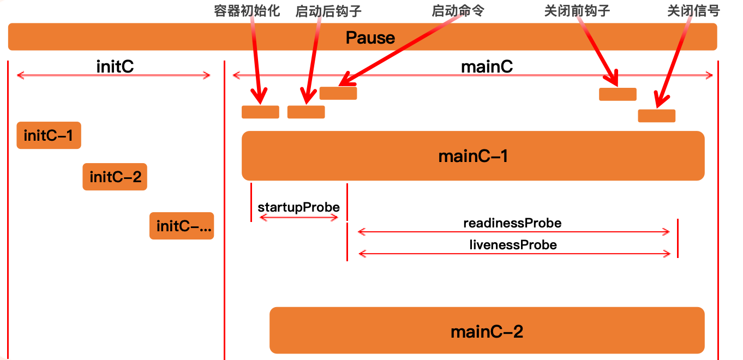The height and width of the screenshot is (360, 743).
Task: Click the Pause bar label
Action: pyautogui.click(x=370, y=38)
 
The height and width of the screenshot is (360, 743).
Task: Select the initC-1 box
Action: pyautogui.click(x=49, y=135)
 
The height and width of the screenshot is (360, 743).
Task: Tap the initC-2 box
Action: pyautogui.click(x=115, y=177)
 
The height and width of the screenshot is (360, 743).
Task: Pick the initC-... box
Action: pyautogui.click(x=182, y=226)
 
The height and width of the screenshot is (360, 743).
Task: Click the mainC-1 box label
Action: pyautogui.click(x=473, y=157)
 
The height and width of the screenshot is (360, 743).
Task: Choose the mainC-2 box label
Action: pyautogui.click(x=487, y=331)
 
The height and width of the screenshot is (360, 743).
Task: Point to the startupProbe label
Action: pyautogui.click(x=298, y=207)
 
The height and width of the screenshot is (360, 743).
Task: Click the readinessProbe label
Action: pyautogui.click(x=512, y=223)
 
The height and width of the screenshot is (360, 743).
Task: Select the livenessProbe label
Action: pyautogui.click(x=513, y=245)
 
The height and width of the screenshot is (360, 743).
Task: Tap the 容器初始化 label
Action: pyautogui.click(x=247, y=11)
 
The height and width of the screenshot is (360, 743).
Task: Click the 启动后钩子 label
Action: pyautogui.click(x=328, y=11)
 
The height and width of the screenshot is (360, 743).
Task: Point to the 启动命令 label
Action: pyautogui.click(x=458, y=11)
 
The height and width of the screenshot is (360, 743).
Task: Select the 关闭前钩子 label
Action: pyautogui.click(x=577, y=11)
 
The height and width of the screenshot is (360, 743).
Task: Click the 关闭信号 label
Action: pyautogui.click(x=693, y=11)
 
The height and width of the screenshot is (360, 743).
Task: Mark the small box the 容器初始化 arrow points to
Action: pyautogui.click(x=260, y=112)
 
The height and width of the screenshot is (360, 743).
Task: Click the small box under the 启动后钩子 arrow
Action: pyautogui.click(x=306, y=112)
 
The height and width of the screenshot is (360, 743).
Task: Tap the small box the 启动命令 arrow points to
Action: pyautogui.click(x=338, y=93)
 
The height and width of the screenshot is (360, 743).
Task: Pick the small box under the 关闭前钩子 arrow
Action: pyautogui.click(x=618, y=94)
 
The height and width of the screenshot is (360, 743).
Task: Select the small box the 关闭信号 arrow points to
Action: pyautogui.click(x=656, y=116)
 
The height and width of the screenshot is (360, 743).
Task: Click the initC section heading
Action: pyautogui.click(x=115, y=67)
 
